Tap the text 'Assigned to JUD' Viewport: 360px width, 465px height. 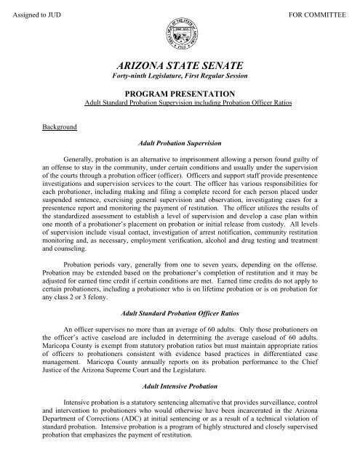click(36, 16)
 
